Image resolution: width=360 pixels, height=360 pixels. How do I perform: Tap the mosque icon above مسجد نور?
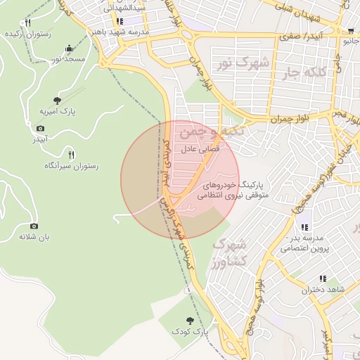click(69, 49)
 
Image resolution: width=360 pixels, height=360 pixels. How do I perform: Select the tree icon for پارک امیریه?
click(57, 101)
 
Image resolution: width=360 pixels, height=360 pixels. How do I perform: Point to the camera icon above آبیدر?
click(40, 128)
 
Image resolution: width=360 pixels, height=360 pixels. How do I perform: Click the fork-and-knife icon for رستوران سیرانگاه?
click(70, 154)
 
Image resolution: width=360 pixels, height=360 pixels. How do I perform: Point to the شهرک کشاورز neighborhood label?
click(229, 252)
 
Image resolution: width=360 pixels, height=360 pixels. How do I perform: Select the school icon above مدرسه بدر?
click(304, 227)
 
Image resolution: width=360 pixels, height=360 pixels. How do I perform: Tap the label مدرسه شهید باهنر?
click(120, 32)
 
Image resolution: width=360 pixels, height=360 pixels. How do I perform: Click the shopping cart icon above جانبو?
click(350, 31)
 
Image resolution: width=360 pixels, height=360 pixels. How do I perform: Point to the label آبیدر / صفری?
click(300, 35)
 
